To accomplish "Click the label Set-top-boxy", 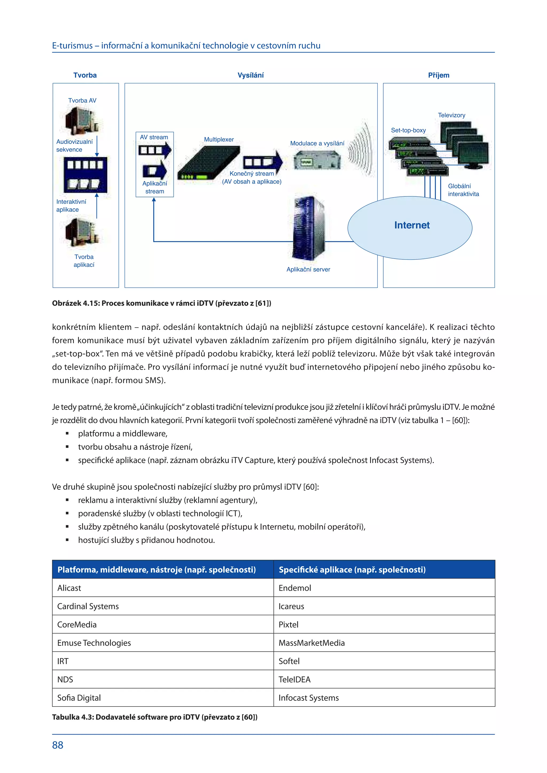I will tap(408, 130).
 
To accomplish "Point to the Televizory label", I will tap(451, 115).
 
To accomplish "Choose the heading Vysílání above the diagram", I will tap(250, 75).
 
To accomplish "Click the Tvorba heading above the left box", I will tap(85, 75).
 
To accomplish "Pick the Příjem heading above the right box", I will tap(439, 75).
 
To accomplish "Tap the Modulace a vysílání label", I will tap(317, 143).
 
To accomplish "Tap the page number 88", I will tap(58, 745).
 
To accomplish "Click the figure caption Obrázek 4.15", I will tap(161, 303).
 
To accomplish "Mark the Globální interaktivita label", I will tap(463, 190).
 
